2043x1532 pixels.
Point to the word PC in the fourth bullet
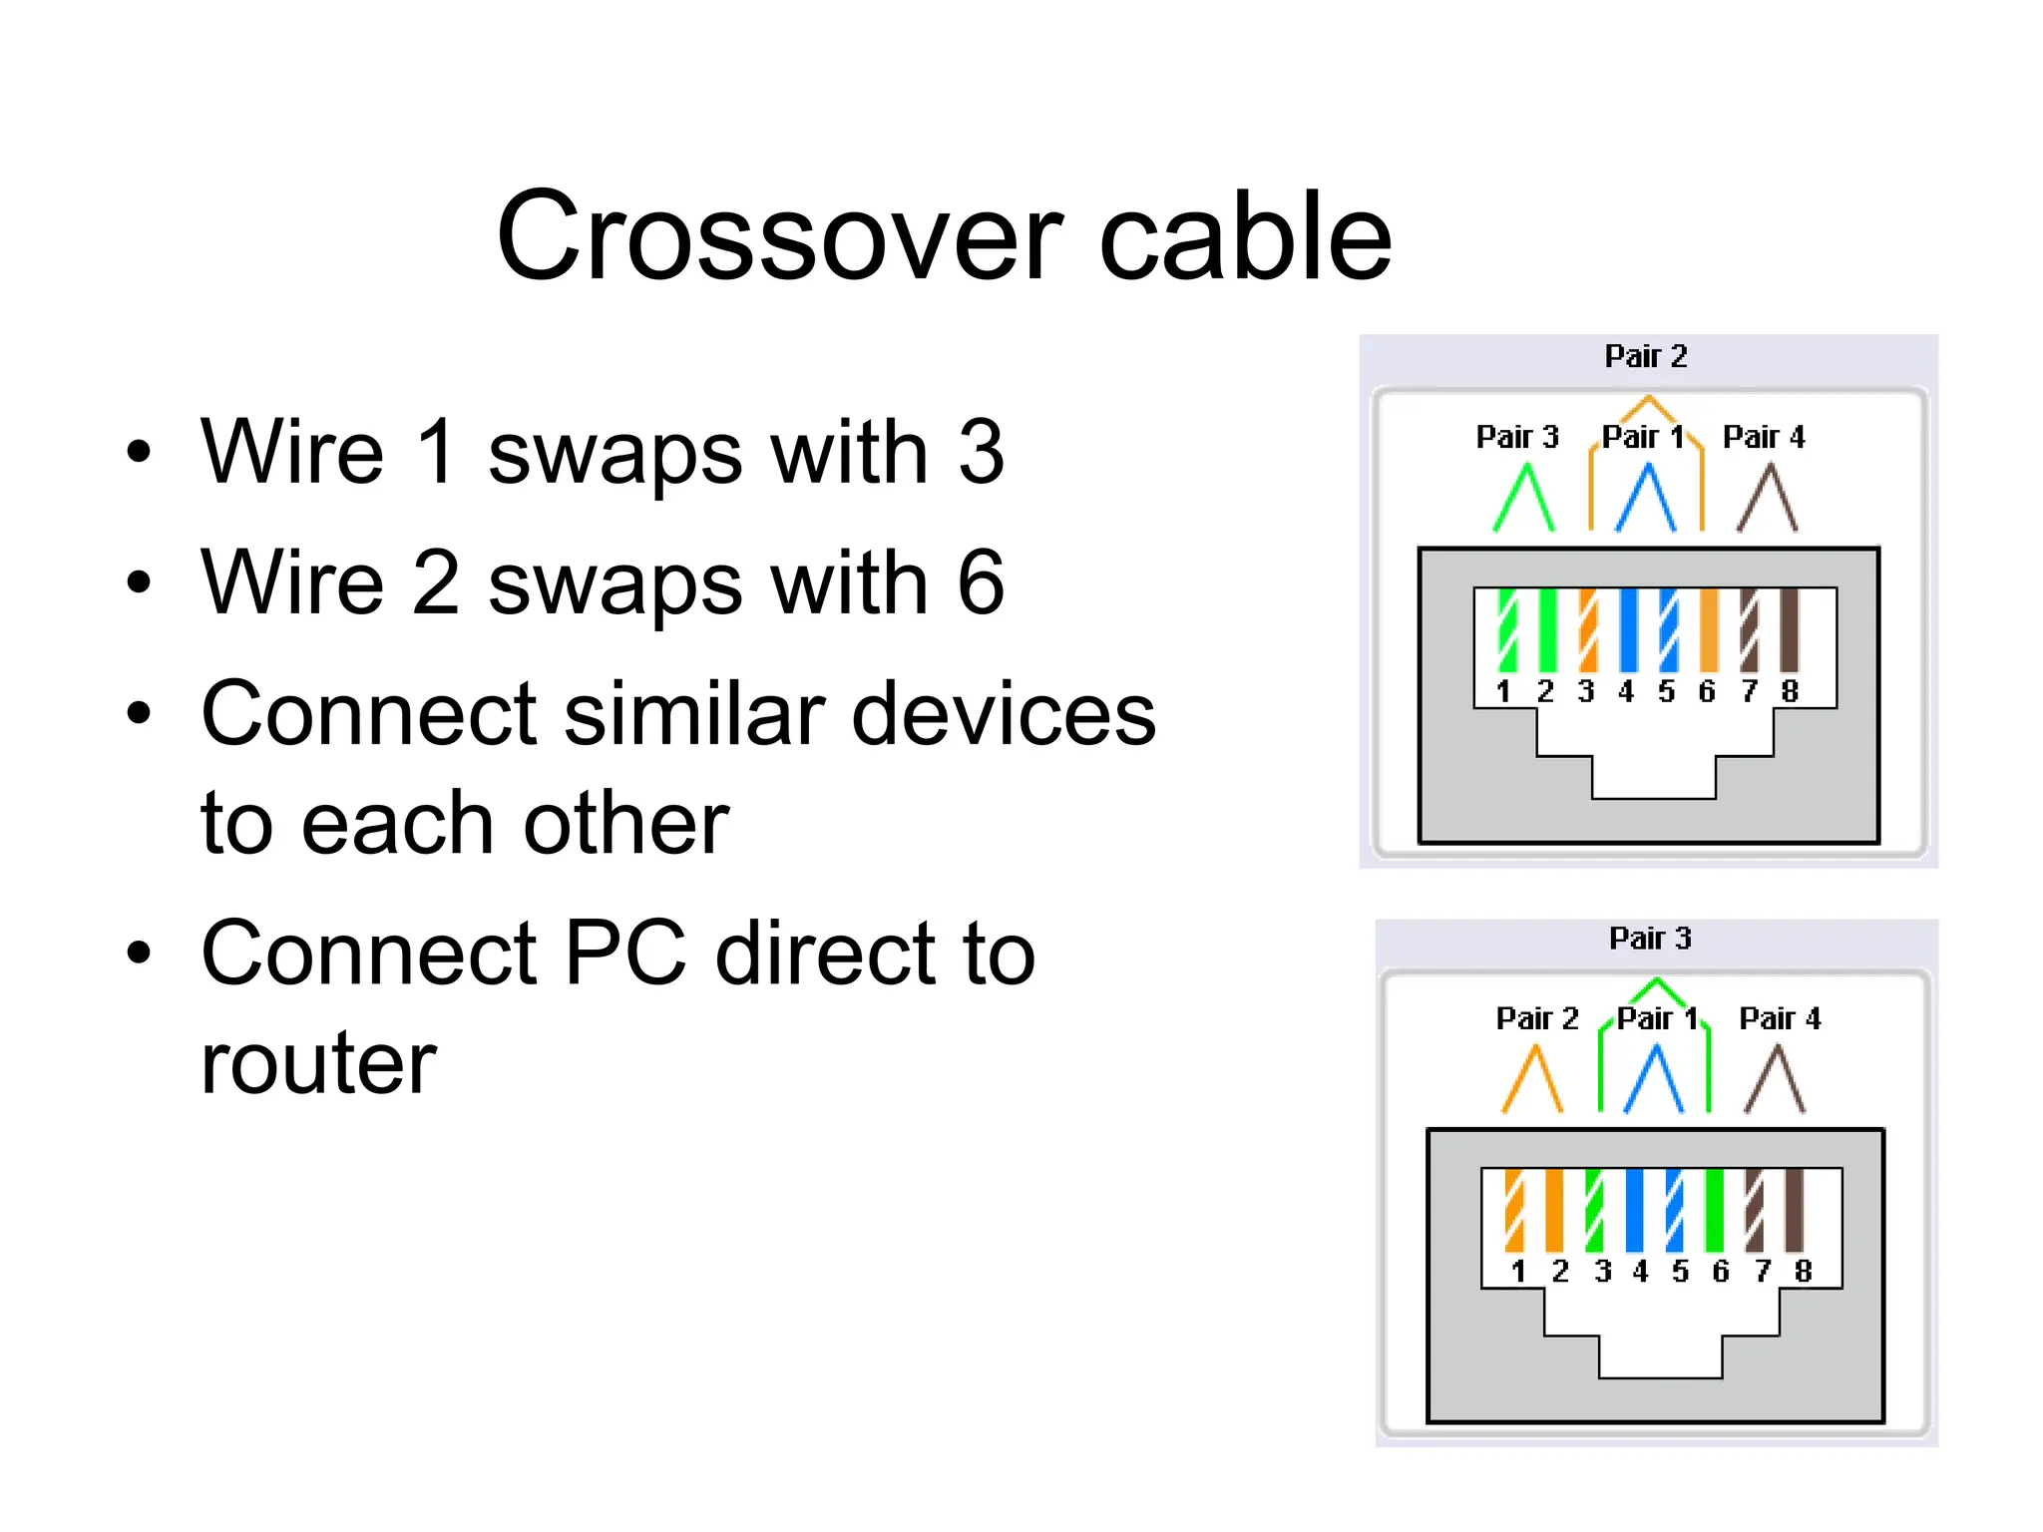[625, 954]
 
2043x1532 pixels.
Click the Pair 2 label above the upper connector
[1645, 356]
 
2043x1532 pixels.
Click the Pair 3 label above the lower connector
[1650, 938]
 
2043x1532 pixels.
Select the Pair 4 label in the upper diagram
[1763, 437]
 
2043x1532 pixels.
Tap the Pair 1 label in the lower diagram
[1657, 1018]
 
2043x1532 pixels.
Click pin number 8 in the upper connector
[1790, 691]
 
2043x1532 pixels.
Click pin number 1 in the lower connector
[1518, 1271]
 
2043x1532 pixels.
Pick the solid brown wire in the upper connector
[1790, 629]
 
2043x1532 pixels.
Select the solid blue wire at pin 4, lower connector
[1634, 1210]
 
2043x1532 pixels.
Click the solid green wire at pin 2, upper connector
[1547, 629]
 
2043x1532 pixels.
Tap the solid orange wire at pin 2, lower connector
[1553, 1210]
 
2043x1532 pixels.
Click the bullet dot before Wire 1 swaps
[140, 451]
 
